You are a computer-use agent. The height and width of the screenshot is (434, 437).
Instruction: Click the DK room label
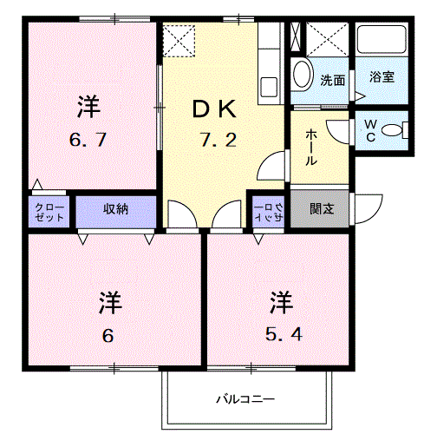(213, 108)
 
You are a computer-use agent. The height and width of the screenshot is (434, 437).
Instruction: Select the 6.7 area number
(87, 140)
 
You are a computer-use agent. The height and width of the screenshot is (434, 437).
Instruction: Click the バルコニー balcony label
(245, 399)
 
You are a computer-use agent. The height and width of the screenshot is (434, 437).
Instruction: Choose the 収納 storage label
(116, 209)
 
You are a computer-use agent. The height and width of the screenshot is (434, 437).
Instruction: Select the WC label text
(369, 131)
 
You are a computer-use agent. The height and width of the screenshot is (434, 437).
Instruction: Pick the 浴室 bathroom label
(382, 76)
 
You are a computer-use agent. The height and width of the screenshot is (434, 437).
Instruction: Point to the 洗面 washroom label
(333, 81)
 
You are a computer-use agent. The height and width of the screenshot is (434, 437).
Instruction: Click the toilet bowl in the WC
(397, 131)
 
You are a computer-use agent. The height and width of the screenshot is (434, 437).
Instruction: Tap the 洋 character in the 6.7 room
(87, 108)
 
